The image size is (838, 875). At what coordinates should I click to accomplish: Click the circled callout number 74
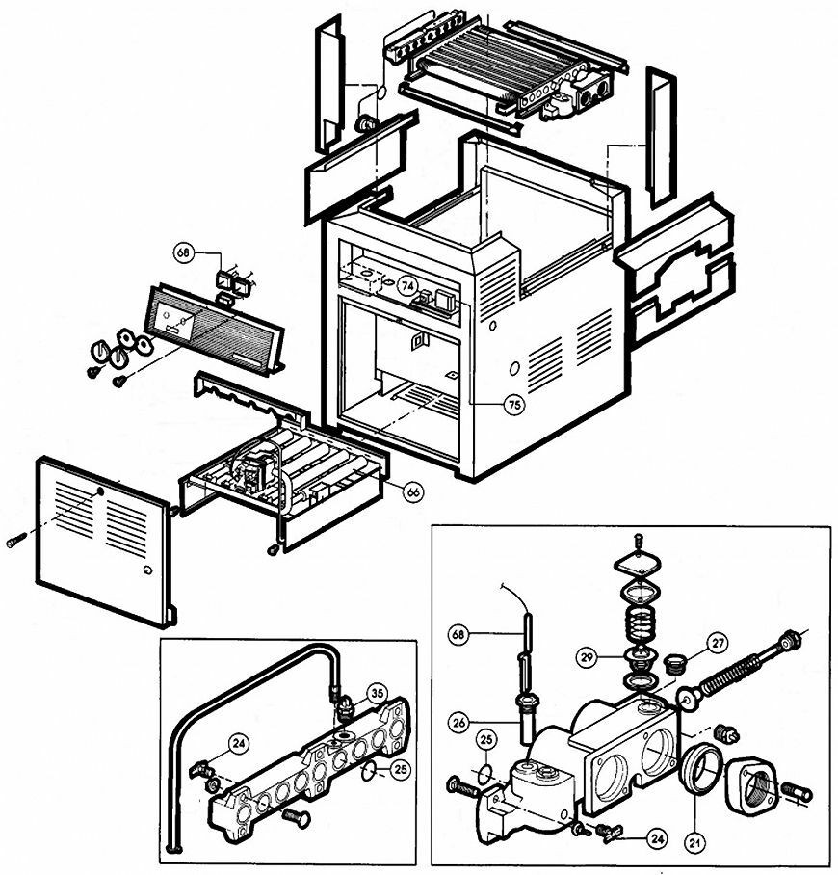pos(408,286)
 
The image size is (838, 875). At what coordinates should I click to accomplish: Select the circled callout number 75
pos(514,406)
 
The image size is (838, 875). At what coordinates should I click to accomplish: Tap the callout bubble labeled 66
pos(413,491)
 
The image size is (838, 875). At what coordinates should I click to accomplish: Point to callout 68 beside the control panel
pos(185,252)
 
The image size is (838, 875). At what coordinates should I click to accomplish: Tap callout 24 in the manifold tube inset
pos(236,742)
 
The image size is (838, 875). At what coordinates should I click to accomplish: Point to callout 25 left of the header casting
pos(485,739)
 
